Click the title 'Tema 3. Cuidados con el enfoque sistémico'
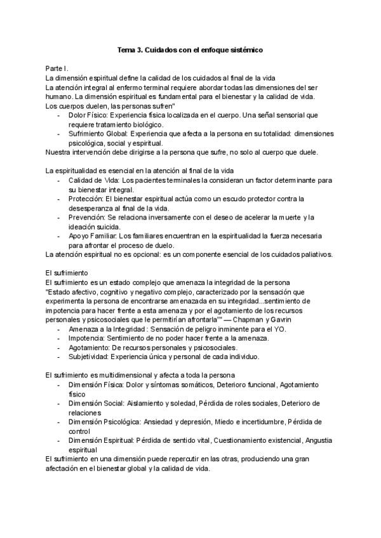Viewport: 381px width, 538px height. pyautogui.click(x=190, y=49)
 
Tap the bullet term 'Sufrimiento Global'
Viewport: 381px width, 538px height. pyautogui.click(x=98, y=134)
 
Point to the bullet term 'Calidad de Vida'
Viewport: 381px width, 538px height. pyautogui.click(x=93, y=181)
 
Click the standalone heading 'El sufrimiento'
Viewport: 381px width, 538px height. pyautogui.click(x=67, y=272)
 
